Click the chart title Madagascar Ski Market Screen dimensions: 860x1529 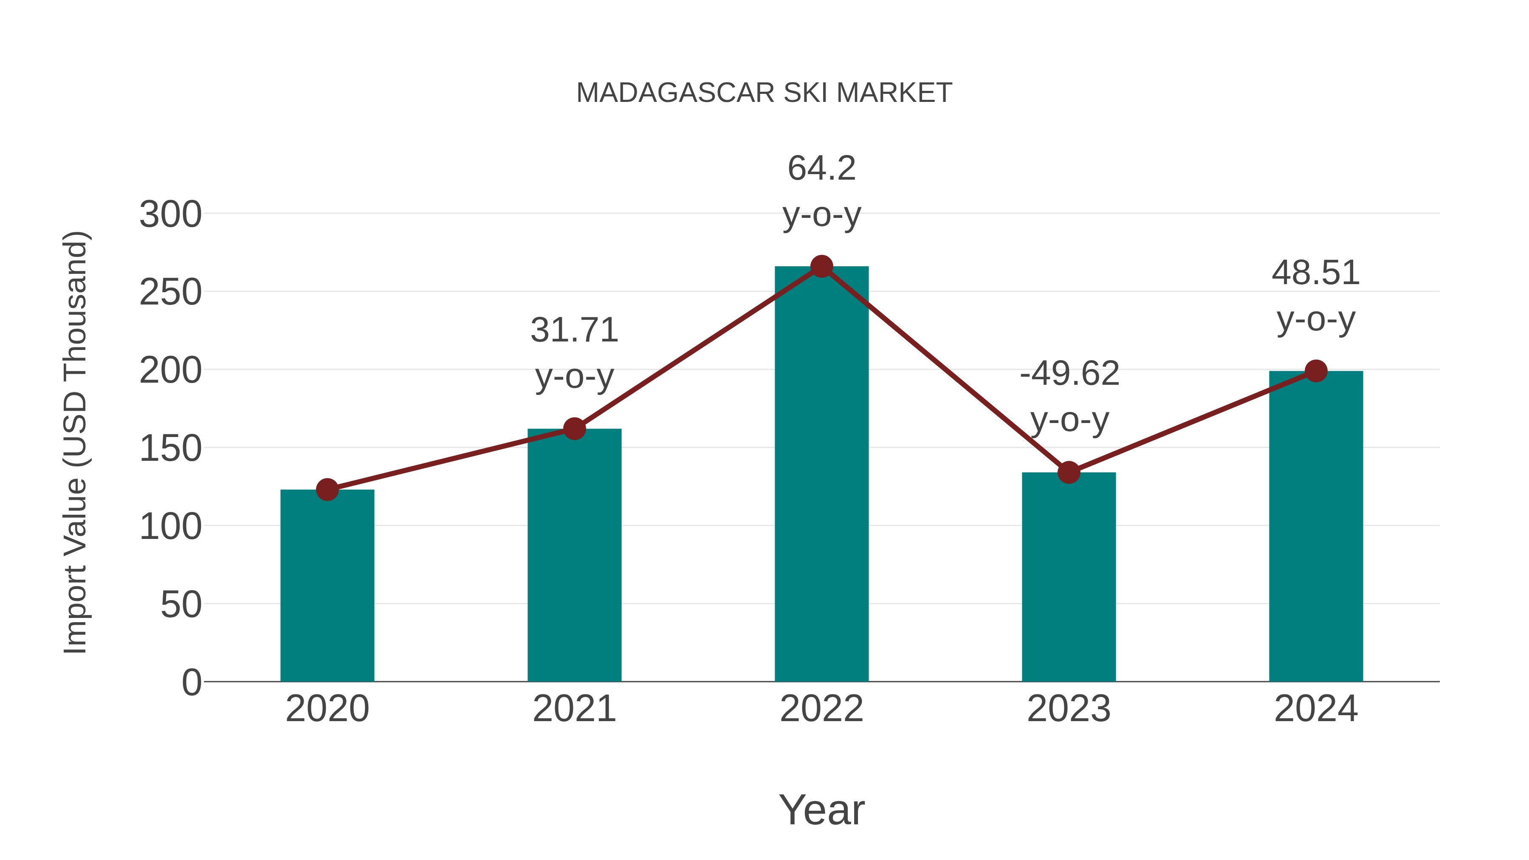[x=764, y=93]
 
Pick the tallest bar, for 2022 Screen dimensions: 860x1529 [x=821, y=475]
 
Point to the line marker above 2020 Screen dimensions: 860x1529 [x=327, y=490]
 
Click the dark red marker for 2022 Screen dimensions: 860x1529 [x=821, y=266]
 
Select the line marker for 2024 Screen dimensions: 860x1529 [x=1316, y=371]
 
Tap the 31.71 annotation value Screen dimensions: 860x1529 [x=574, y=330]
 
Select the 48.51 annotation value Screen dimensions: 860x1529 [x=1315, y=273]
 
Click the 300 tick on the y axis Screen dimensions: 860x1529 [x=170, y=214]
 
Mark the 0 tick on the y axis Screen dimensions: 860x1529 [x=191, y=682]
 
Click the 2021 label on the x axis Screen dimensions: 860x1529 [x=574, y=709]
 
